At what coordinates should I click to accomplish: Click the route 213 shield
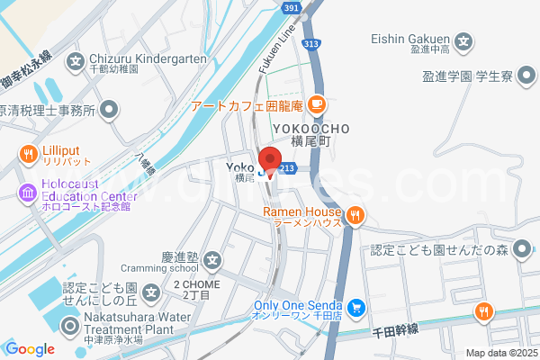(288, 167)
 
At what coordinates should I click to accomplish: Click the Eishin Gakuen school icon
(463, 40)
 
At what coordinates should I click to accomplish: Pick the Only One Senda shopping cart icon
(356, 308)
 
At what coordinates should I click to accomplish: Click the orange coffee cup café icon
(315, 103)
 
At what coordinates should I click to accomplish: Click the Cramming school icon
(211, 263)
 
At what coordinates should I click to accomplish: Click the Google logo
(31, 349)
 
